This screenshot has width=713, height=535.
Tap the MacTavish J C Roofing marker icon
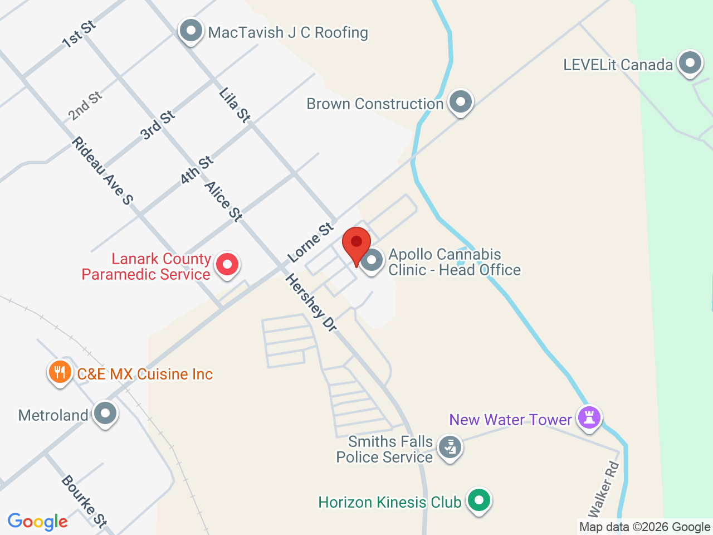pos(191,31)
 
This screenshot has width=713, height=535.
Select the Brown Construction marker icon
pos(460,102)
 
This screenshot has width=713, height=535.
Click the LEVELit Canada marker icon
pos(690,63)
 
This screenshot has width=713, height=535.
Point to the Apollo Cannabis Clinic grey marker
pos(372,260)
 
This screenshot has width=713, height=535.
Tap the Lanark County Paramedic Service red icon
pos(227,264)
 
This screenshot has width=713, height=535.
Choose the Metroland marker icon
pos(105,414)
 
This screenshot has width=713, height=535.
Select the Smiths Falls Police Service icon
pos(450,448)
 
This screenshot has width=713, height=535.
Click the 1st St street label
pos(79,34)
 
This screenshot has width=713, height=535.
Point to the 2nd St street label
pos(85,106)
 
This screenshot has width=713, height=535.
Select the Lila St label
pos(235,105)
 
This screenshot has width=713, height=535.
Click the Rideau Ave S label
pos(102,171)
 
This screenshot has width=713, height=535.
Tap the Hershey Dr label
pos(311,303)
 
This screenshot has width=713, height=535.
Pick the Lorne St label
pos(311,242)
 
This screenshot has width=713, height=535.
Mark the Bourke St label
pos(84,500)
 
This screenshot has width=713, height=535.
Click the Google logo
pos(37,522)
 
